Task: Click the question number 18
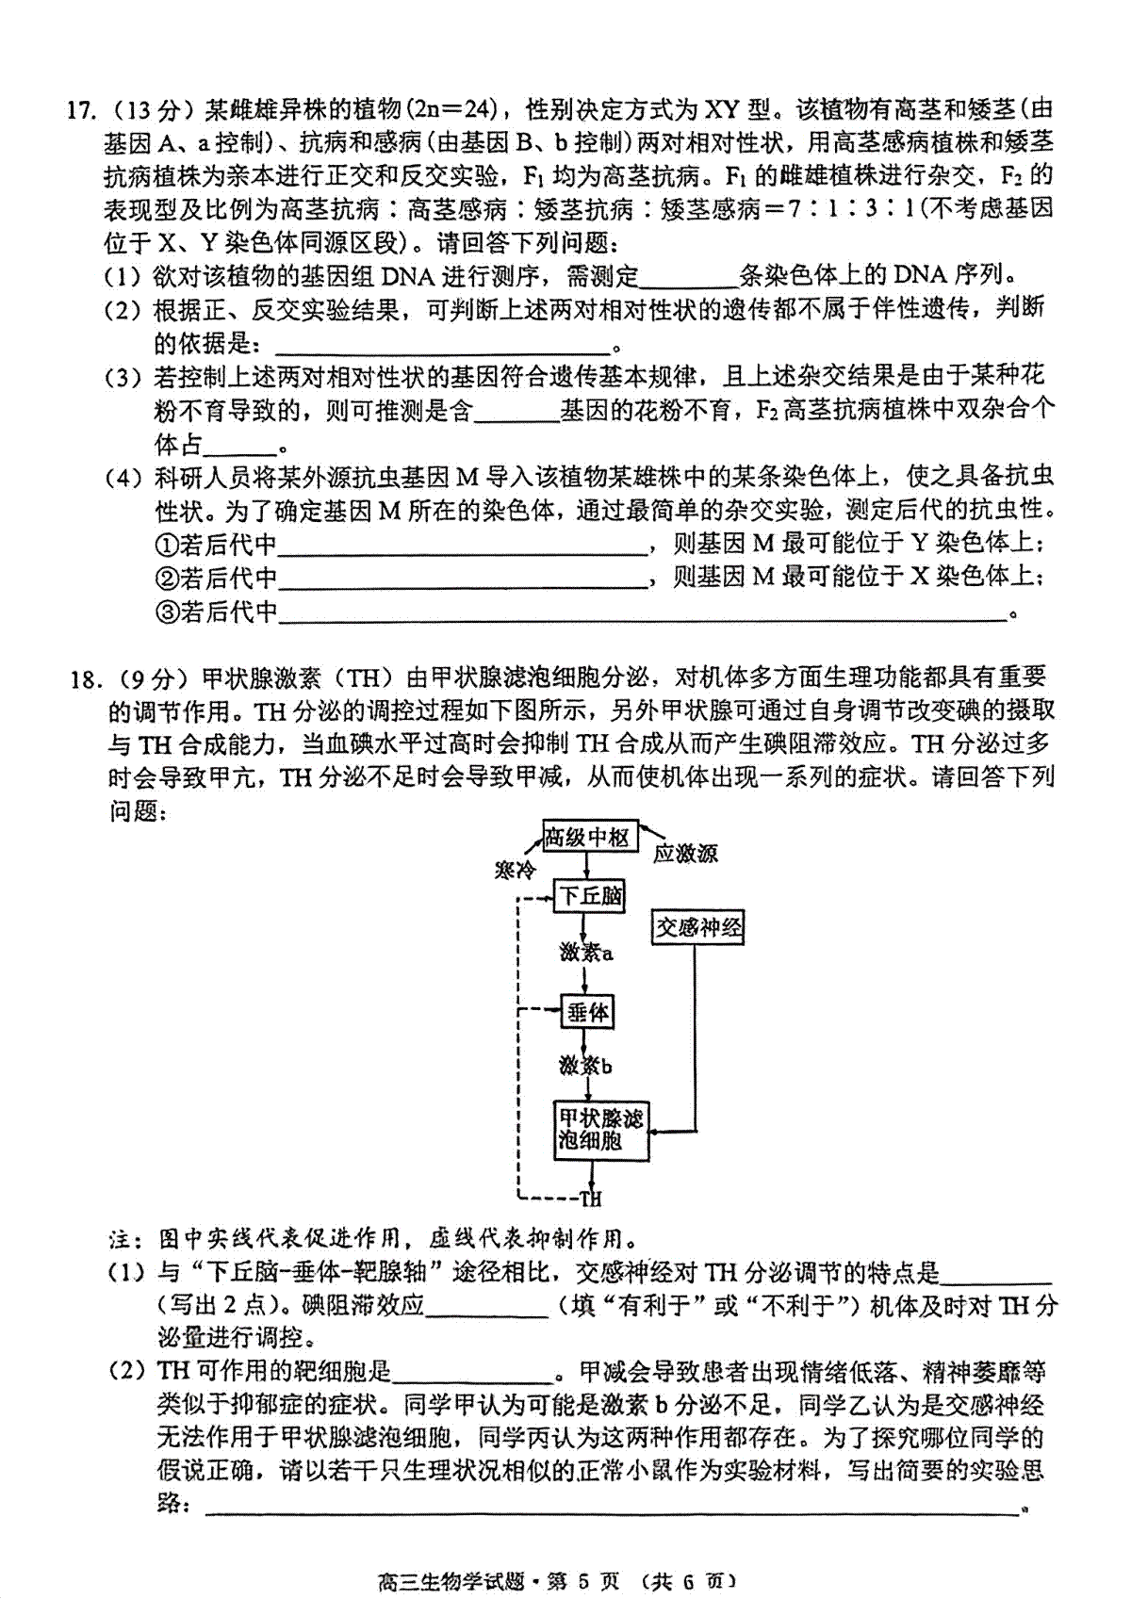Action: coord(84,678)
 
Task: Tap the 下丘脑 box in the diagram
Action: coord(590,895)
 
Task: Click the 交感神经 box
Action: coord(697,928)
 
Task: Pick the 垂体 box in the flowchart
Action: coord(587,1013)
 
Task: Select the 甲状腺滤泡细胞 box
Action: coord(600,1130)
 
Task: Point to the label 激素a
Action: coord(586,953)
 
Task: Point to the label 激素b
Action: coord(585,1066)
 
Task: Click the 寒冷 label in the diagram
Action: coord(515,868)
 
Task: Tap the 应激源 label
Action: coord(686,854)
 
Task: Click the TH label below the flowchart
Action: coord(590,1199)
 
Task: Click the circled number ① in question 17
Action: coord(166,544)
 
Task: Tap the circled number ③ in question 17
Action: coord(166,612)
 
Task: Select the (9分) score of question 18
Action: coord(150,678)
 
